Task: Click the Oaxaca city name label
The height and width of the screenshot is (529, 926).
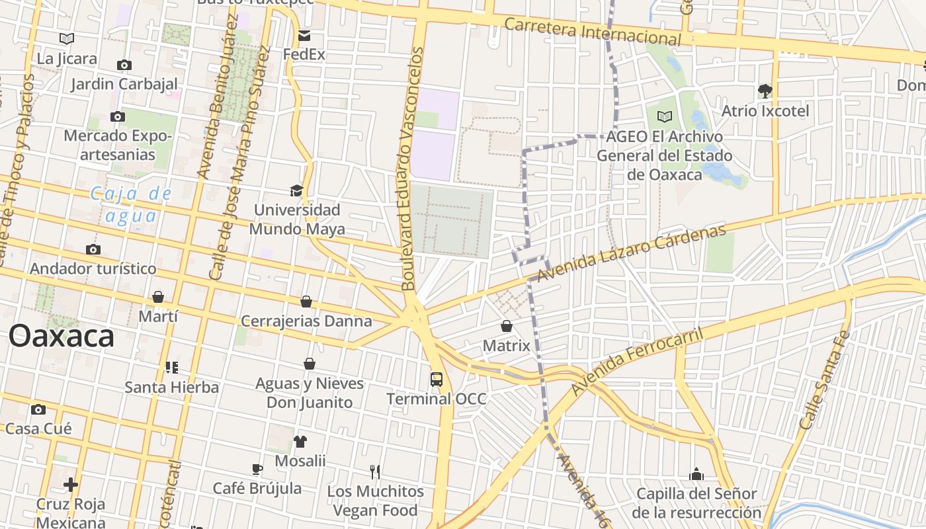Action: pyautogui.click(x=62, y=337)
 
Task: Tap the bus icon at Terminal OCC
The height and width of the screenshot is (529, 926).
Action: pyautogui.click(x=437, y=380)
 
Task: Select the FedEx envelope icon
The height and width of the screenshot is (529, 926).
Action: pyautogui.click(x=304, y=36)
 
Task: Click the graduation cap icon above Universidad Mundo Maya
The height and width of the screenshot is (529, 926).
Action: pyautogui.click(x=296, y=191)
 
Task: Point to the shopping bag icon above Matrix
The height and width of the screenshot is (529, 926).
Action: pyautogui.click(x=507, y=326)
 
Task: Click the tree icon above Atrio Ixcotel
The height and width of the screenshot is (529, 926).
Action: pyautogui.click(x=765, y=91)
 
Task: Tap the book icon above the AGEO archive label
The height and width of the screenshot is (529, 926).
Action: pyautogui.click(x=665, y=117)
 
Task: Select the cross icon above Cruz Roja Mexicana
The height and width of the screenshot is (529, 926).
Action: pyautogui.click(x=71, y=485)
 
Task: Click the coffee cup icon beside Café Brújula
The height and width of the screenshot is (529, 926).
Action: pyautogui.click(x=257, y=469)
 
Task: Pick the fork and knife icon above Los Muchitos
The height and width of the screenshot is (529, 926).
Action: pyautogui.click(x=375, y=471)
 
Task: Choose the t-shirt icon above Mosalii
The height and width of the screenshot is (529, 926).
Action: pyautogui.click(x=300, y=441)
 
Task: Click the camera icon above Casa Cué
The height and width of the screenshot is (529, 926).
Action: pyautogui.click(x=38, y=409)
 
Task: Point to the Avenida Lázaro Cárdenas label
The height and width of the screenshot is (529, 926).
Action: pyautogui.click(x=631, y=253)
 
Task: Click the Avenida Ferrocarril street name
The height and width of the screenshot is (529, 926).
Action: pyautogui.click(x=637, y=361)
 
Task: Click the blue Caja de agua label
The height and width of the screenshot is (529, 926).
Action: pyautogui.click(x=130, y=205)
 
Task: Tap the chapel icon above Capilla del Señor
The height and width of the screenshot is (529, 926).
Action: pyautogui.click(x=696, y=474)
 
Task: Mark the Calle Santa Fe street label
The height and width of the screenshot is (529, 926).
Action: pyautogui.click(x=824, y=380)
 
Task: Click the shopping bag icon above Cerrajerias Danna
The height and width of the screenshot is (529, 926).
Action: pyautogui.click(x=306, y=302)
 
